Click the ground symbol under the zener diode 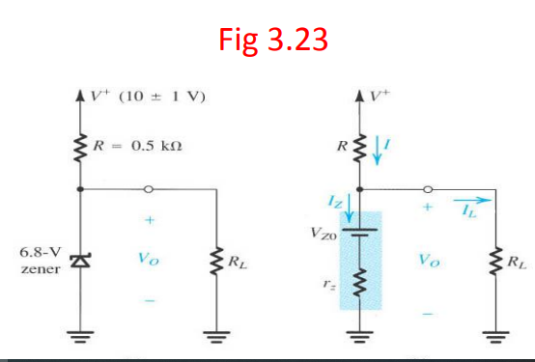[81, 340]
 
